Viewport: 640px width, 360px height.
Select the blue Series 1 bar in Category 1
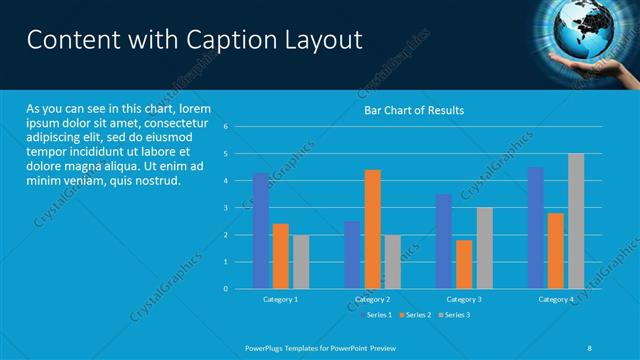pos(261,231)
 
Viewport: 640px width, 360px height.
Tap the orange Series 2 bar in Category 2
pos(372,229)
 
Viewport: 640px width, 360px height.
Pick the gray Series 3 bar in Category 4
pos(576,221)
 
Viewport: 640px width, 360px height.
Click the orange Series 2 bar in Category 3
pos(464,264)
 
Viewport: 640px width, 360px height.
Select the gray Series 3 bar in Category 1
pos(301,262)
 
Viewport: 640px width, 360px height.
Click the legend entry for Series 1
pos(375,315)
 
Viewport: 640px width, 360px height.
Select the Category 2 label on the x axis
pos(372,300)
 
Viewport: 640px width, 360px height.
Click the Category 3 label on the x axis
pos(464,300)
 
